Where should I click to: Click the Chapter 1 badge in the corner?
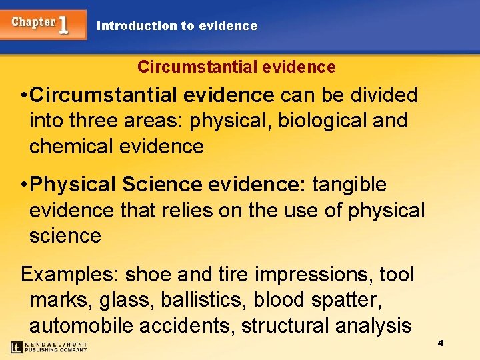tap(43, 24)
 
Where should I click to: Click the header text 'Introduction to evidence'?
tap(177, 26)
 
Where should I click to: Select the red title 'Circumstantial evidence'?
tap(236, 67)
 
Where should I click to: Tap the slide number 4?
tap(441, 343)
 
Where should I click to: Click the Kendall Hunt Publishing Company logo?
tap(49, 347)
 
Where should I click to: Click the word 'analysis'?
tap(373, 325)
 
